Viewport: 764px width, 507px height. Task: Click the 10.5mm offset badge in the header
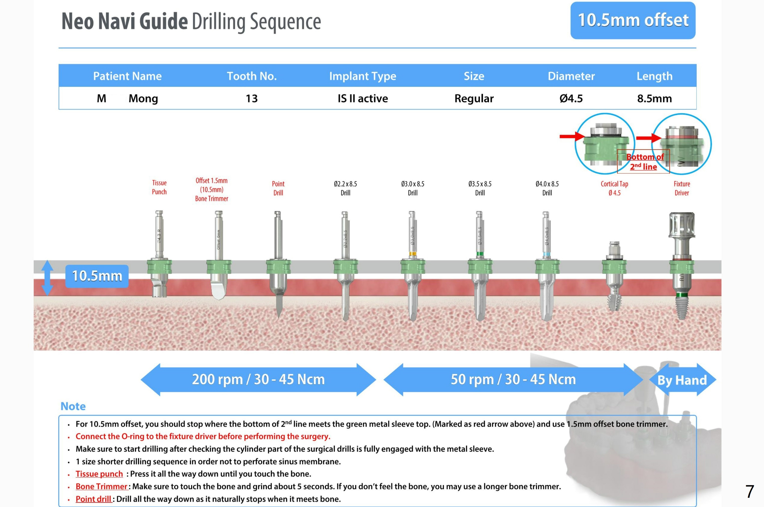click(633, 20)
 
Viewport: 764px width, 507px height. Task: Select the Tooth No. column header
click(252, 76)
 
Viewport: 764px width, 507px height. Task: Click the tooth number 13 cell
click(252, 98)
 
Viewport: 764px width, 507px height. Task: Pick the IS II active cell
click(363, 98)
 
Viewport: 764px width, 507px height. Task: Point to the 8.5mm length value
click(654, 98)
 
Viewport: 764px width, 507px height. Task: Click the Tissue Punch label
click(159, 187)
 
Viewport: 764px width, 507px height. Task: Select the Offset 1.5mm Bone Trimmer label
click(212, 189)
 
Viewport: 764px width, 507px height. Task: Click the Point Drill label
click(278, 188)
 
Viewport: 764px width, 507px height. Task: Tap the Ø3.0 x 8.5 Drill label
click(412, 188)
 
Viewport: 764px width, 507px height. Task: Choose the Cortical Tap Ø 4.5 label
click(614, 188)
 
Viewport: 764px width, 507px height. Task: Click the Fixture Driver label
click(682, 188)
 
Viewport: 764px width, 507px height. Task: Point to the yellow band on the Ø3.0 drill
click(412, 254)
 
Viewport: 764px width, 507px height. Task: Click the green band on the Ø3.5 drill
click(480, 254)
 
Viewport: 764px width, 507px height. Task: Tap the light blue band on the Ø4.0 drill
click(547, 254)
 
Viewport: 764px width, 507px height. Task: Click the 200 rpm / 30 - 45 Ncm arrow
click(258, 379)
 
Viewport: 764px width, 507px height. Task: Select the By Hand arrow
click(682, 380)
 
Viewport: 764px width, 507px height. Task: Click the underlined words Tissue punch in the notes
click(99, 474)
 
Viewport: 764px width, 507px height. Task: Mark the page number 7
click(750, 492)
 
